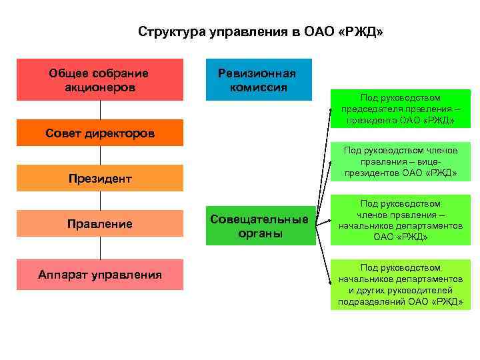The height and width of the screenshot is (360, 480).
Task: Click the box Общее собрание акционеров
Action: click(x=100, y=79)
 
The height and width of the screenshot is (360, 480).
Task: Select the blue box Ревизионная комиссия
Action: click(x=258, y=80)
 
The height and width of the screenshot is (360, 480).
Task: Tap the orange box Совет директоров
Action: click(x=100, y=133)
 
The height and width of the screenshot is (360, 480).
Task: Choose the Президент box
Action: click(x=100, y=178)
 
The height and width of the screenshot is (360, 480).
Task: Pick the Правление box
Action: click(x=100, y=224)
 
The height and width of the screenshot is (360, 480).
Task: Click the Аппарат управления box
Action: click(x=100, y=274)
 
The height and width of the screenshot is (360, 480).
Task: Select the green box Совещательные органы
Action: click(x=260, y=226)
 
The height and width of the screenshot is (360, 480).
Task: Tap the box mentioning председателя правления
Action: click(x=400, y=109)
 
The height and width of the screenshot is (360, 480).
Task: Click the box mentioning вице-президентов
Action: click(x=400, y=162)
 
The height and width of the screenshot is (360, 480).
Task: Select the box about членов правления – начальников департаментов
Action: click(x=400, y=219)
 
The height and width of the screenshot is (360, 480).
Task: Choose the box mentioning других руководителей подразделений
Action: click(x=400, y=285)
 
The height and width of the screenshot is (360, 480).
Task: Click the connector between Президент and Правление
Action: click(x=101, y=201)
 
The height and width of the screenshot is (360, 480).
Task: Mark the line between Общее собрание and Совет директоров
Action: click(x=101, y=110)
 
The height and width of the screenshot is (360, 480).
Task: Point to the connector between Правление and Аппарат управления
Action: click(x=101, y=248)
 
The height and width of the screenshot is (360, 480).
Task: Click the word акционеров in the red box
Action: click(x=100, y=87)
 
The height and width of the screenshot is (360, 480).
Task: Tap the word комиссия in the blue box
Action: click(x=259, y=87)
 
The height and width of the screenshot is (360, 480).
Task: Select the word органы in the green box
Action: click(x=260, y=233)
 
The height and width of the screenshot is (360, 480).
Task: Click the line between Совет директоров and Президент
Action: click(x=101, y=155)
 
